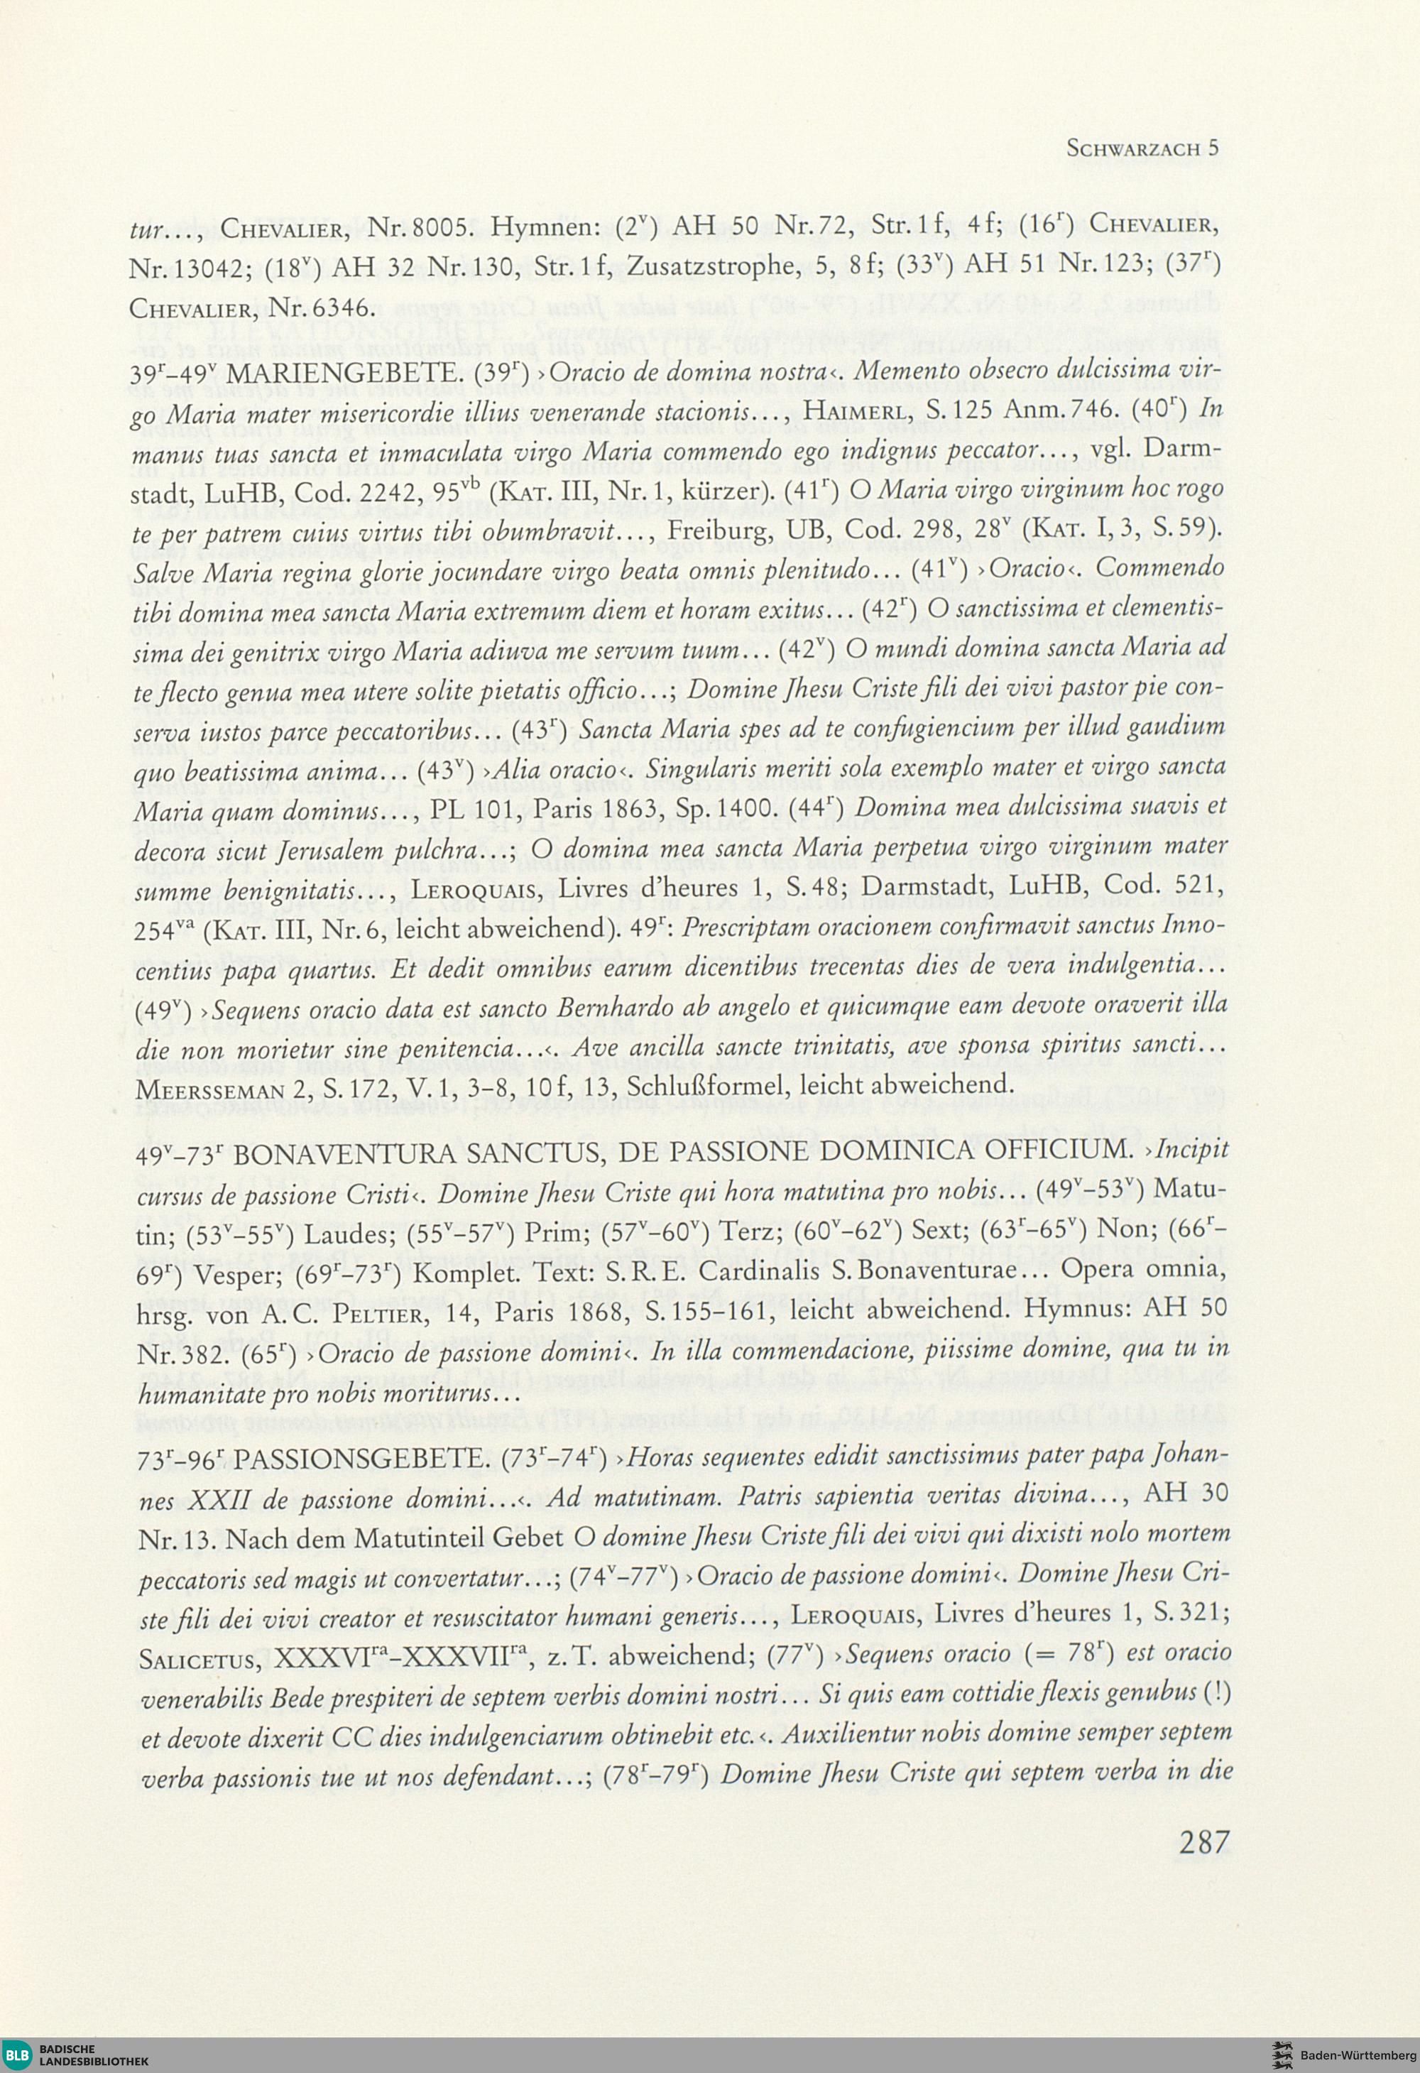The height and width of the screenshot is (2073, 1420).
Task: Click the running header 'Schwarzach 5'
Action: (x=1142, y=148)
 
